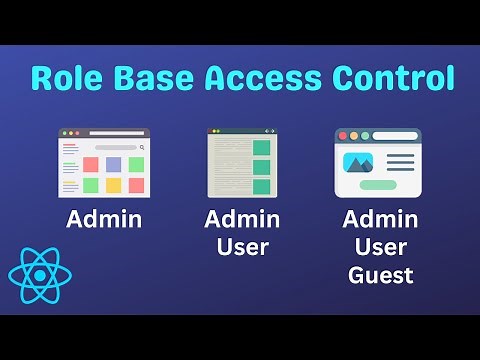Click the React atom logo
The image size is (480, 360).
39,273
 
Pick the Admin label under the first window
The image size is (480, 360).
104,219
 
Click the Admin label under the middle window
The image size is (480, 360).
242,219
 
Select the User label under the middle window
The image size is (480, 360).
242,246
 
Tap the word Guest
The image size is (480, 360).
380,274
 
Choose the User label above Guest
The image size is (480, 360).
380,246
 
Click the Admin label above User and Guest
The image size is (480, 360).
380,219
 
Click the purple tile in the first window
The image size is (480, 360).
113,164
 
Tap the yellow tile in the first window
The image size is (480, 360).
113,185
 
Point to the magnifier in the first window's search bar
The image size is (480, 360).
142,147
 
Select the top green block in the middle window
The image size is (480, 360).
261,147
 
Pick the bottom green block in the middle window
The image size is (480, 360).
261,186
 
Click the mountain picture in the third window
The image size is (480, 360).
357,162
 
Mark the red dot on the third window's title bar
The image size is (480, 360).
343,135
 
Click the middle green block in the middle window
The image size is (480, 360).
261,166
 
